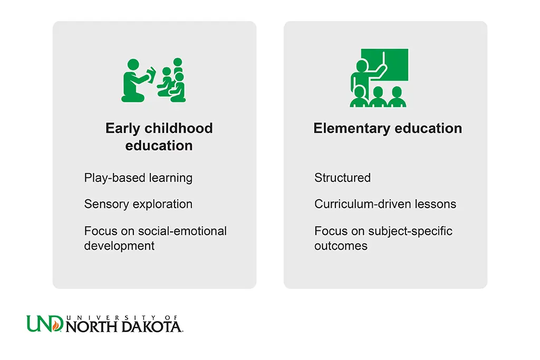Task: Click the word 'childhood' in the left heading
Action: (x=178, y=129)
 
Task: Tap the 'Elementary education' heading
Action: (x=388, y=129)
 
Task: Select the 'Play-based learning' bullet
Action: (x=138, y=178)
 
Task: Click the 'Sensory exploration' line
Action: (x=138, y=204)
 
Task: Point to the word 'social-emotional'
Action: (x=182, y=230)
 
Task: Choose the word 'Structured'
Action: (x=342, y=178)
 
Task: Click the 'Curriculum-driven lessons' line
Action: (x=385, y=204)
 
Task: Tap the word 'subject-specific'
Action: (x=410, y=231)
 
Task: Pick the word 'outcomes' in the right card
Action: (x=341, y=246)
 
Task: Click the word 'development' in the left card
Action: (x=119, y=246)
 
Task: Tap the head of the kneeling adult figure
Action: (x=133, y=65)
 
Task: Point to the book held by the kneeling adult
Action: (x=151, y=75)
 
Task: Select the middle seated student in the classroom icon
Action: (x=378, y=97)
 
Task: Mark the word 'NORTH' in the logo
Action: (x=92, y=327)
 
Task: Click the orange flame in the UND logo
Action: (x=55, y=325)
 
